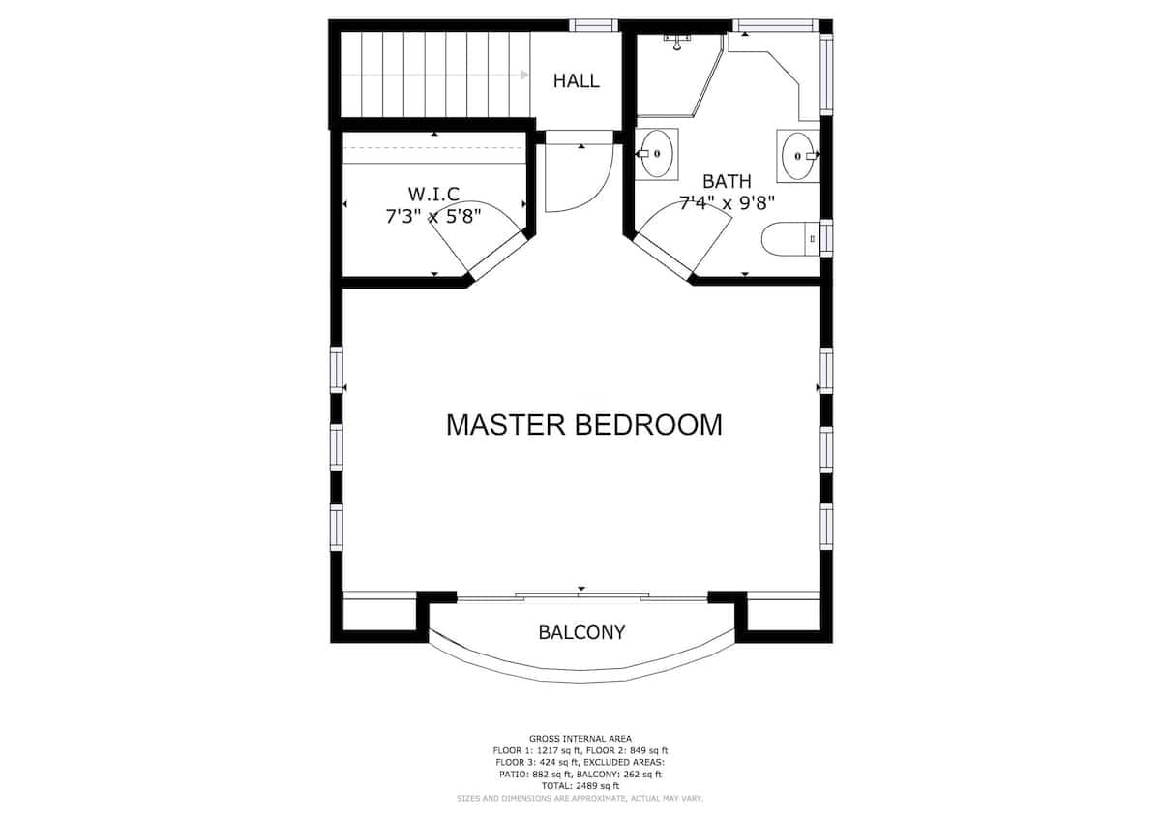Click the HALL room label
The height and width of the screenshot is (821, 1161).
point(577,80)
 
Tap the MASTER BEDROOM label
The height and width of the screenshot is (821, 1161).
point(584,425)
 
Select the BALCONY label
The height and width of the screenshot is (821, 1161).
point(582,632)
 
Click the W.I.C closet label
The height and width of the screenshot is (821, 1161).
point(433,194)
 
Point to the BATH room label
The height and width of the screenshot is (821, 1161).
point(727,181)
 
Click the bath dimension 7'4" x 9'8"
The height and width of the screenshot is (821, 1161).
point(727,202)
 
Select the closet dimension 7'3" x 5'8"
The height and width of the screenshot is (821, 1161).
point(433,216)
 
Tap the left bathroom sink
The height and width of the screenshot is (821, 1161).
point(656,154)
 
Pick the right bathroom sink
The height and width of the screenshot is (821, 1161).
point(798,155)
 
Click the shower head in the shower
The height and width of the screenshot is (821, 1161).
point(677,42)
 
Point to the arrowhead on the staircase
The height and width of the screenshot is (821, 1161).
point(524,75)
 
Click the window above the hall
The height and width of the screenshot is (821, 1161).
point(593,25)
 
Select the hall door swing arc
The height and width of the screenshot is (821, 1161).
point(601,192)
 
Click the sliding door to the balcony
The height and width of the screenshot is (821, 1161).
point(582,596)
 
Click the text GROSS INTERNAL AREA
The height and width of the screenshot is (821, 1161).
point(580,739)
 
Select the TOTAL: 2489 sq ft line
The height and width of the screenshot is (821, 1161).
point(580,786)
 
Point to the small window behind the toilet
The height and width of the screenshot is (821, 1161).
point(826,238)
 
